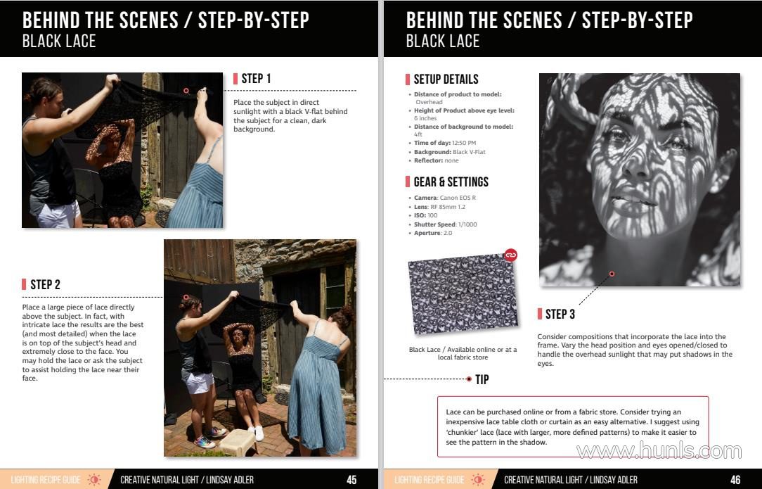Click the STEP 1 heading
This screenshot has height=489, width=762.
pyautogui.click(x=256, y=78)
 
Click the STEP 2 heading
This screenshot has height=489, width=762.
pyautogui.click(x=45, y=285)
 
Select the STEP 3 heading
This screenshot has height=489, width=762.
pyautogui.click(x=560, y=315)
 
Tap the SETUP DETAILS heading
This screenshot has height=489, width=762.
pyautogui.click(x=446, y=80)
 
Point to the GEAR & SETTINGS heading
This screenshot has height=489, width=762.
pyautogui.click(x=451, y=182)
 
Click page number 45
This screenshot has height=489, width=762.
pyautogui.click(x=352, y=480)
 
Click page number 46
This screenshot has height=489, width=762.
pyautogui.click(x=736, y=480)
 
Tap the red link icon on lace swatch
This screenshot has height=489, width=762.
pyautogui.click(x=510, y=255)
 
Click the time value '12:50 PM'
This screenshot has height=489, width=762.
pyautogui.click(x=464, y=143)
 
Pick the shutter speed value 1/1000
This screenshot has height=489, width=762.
pyautogui.click(x=467, y=224)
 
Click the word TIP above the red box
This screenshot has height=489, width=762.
pyautogui.click(x=482, y=379)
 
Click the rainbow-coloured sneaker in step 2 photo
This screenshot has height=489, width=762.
pyautogui.click(x=205, y=443)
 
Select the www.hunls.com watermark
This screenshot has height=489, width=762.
pyautogui.click(x=659, y=451)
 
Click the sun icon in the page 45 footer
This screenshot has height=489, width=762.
pyautogui.click(x=94, y=480)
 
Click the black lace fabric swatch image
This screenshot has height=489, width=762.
pyautogui.click(x=462, y=294)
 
